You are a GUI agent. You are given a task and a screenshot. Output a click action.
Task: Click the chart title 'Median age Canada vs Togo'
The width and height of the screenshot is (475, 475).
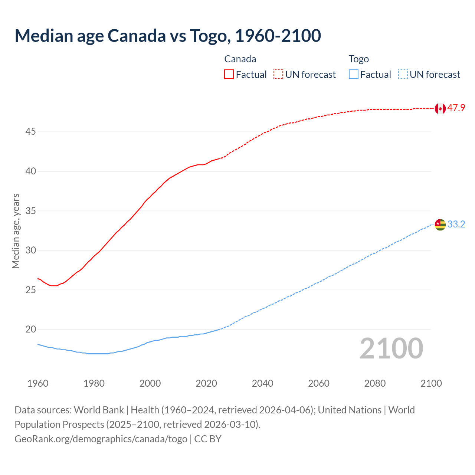(168, 36)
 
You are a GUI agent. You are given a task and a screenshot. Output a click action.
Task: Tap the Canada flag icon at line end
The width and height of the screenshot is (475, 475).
(440, 108)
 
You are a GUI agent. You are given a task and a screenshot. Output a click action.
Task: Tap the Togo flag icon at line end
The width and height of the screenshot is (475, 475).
(440, 225)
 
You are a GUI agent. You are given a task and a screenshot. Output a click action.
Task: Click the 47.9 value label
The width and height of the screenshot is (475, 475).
(456, 108)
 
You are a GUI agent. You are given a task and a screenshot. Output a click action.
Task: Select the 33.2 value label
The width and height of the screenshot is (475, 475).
(456, 224)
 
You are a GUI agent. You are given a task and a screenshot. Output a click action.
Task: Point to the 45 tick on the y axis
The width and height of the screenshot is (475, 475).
(31, 132)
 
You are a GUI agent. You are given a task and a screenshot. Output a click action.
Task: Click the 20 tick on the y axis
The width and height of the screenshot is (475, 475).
(31, 329)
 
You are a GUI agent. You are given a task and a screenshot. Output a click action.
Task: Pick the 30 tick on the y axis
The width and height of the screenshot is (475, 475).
(31, 250)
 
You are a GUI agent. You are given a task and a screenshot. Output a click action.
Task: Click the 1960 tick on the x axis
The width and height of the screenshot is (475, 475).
(38, 383)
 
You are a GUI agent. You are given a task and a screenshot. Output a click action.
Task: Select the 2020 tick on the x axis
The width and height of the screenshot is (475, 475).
(206, 383)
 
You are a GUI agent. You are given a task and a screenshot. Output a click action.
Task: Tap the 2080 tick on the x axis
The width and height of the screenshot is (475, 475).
(375, 383)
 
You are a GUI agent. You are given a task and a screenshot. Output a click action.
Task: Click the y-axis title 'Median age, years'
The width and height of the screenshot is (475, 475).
(16, 231)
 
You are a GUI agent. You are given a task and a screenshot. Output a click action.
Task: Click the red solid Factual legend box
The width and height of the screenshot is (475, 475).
(229, 74)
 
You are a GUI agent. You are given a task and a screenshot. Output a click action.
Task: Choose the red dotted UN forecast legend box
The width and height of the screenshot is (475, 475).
(278, 74)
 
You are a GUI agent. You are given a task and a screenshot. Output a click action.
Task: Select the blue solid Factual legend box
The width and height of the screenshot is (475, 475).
(354, 74)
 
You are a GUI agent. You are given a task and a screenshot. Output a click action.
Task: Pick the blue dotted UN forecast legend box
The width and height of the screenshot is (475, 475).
(403, 74)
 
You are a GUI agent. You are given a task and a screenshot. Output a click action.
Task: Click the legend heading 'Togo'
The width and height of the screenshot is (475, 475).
(358, 59)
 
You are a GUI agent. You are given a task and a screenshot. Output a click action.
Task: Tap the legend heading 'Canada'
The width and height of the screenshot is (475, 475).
(240, 59)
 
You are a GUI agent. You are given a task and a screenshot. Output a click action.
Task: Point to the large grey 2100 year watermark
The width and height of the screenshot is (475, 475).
(391, 348)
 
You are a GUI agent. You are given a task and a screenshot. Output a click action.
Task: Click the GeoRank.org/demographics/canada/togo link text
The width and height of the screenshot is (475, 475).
(101, 439)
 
